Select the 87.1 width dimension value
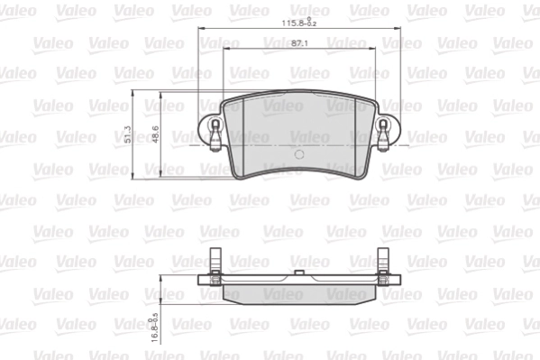pyautogui.click(x=301, y=43)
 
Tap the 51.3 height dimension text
pyautogui.click(x=129, y=135)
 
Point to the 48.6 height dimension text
pyautogui.click(x=155, y=135)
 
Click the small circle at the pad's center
pyautogui.click(x=298, y=152)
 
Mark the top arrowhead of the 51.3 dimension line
pyautogui.click(x=133, y=94)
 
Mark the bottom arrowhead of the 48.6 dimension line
pyautogui.click(x=160, y=176)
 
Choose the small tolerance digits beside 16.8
pyautogui.click(x=155, y=312)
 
